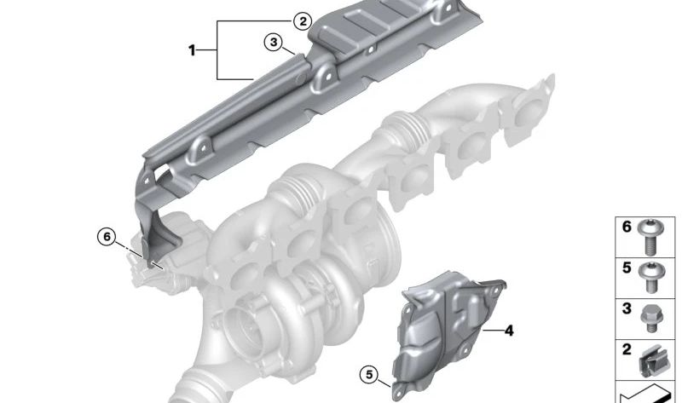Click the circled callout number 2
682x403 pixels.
[303, 20]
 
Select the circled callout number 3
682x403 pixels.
[273, 43]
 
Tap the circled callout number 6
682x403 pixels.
[107, 237]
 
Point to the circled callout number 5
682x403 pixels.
[369, 374]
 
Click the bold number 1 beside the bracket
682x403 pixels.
[192, 50]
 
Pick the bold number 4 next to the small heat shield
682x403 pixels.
[508, 331]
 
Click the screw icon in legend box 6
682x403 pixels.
[650, 237]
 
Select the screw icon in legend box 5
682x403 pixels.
[650, 277]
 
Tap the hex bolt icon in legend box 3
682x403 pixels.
[650, 319]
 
